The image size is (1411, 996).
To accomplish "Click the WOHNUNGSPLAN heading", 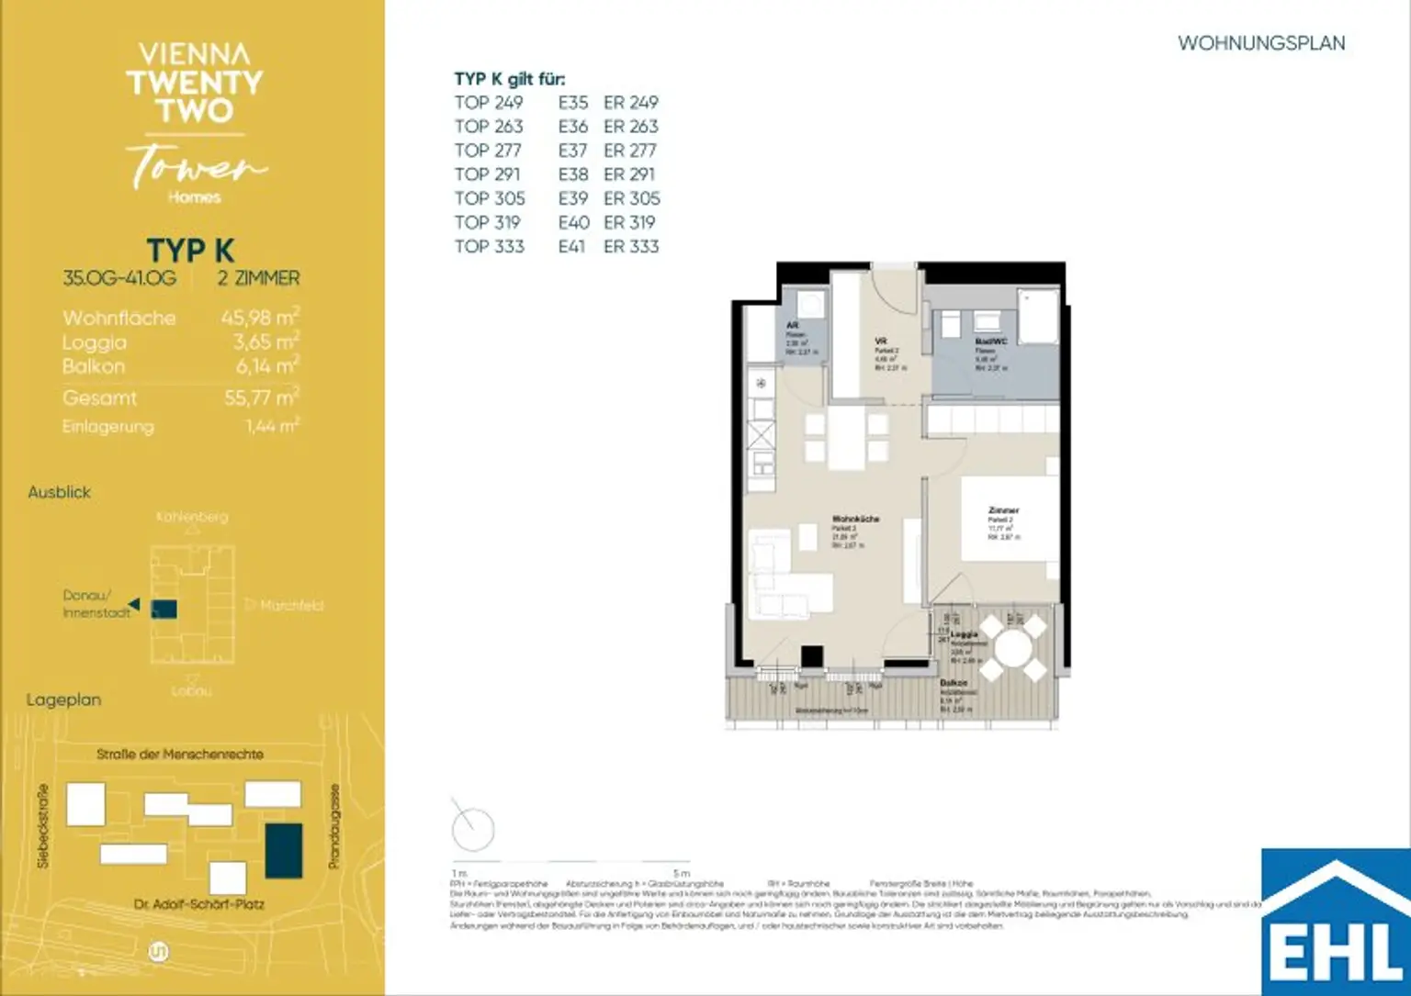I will point(1260,43).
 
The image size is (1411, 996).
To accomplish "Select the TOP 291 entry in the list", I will point(487,174).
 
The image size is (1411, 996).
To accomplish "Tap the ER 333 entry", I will point(631,246).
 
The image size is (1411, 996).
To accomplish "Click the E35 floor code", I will point(572,103).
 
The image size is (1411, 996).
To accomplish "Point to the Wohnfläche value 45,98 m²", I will point(259,318).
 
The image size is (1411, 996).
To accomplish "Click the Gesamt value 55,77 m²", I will point(261,397).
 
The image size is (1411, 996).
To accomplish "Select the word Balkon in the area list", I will point(94,366).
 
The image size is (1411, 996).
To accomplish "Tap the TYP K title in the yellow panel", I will point(190,251).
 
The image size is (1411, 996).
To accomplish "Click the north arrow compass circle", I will point(473,830).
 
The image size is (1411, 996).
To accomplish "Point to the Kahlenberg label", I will point(191,517).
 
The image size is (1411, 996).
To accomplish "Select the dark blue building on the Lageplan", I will point(283,850).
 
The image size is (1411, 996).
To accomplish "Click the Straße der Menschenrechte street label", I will point(180,754).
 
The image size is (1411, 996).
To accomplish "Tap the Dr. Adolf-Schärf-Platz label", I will point(198,904).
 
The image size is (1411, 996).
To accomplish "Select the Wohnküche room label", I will point(855,519).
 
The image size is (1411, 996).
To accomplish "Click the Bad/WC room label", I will point(990,341).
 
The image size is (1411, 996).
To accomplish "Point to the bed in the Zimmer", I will point(1009,518).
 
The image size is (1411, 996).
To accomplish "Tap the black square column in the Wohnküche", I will point(811,656).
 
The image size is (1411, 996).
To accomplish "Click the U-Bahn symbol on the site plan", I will point(158,952).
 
